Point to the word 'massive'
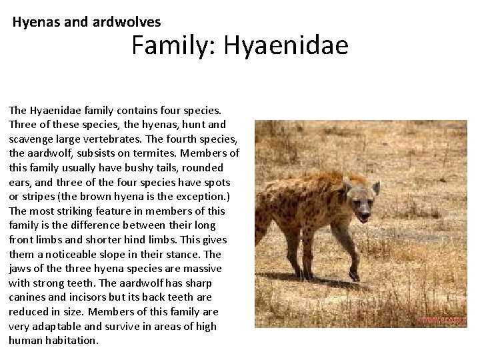199,269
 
